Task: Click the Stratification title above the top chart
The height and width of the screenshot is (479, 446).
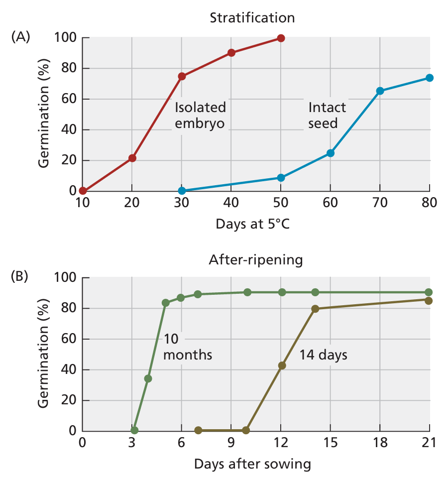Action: pyautogui.click(x=252, y=18)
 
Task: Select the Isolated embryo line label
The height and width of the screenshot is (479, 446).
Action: pyautogui.click(x=200, y=115)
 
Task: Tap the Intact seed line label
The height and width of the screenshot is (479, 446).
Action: pyautogui.click(x=327, y=115)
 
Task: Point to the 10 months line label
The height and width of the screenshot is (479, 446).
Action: pyautogui.click(x=188, y=347)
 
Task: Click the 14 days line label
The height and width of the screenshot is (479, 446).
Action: pyautogui.click(x=323, y=355)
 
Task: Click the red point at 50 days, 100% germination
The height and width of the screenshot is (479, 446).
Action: pyautogui.click(x=281, y=38)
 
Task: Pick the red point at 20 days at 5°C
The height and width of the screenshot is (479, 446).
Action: pyautogui.click(x=132, y=158)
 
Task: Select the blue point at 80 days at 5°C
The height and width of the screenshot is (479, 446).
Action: pyautogui.click(x=429, y=78)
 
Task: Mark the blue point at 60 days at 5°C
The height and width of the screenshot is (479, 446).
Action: pyautogui.click(x=330, y=153)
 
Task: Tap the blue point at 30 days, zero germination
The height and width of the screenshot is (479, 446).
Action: pyautogui.click(x=182, y=191)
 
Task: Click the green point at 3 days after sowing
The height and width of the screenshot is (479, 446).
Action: pyautogui.click(x=134, y=430)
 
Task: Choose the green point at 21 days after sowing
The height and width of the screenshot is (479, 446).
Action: pyautogui.click(x=429, y=292)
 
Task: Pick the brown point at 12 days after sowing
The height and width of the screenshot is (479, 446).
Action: pyautogui.click(x=282, y=365)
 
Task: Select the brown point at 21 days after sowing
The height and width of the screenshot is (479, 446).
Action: pyautogui.click(x=429, y=300)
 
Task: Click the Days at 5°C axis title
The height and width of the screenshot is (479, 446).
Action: pyautogui.click(x=252, y=224)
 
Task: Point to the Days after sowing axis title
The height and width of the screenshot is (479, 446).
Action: pyautogui.click(x=252, y=464)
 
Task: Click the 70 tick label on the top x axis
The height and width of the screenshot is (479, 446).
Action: pyautogui.click(x=380, y=203)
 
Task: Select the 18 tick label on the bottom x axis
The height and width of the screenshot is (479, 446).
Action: pyautogui.click(x=380, y=443)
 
